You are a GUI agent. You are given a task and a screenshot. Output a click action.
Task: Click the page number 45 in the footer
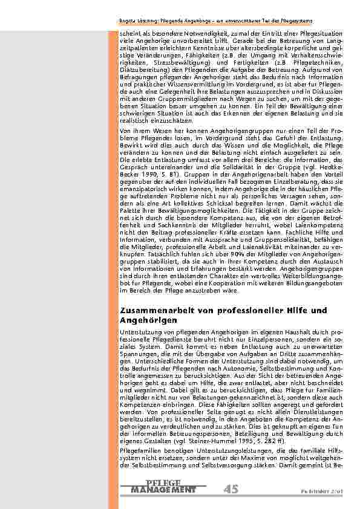[x=230, y=488]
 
